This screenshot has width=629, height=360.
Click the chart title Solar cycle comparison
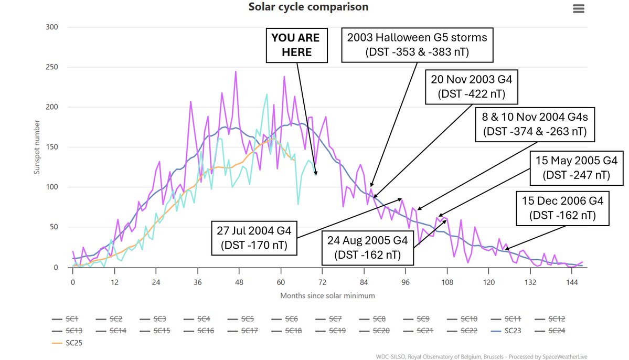[x=308, y=7]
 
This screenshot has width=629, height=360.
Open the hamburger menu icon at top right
[x=579, y=8]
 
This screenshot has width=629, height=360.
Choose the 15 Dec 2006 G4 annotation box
[x=562, y=208]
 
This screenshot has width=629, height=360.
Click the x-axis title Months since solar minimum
[x=328, y=295]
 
